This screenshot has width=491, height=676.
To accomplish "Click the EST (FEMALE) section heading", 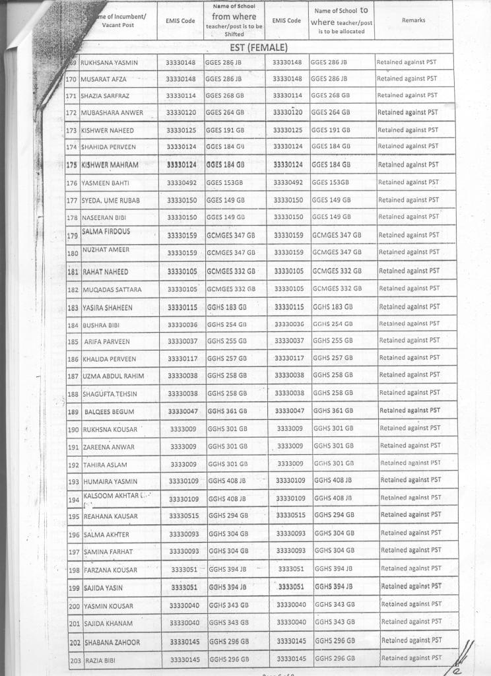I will (x=259, y=48).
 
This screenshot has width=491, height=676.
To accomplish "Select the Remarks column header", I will (x=413, y=20).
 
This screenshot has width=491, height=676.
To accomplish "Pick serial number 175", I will (x=73, y=164).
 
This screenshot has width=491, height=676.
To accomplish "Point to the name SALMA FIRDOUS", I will (x=106, y=232).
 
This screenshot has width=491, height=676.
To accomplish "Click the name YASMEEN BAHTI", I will (x=105, y=183).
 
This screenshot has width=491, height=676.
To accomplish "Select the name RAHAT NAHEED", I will (x=106, y=272).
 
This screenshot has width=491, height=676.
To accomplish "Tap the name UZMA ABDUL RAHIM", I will (x=113, y=376).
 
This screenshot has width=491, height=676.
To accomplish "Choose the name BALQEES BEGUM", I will (x=109, y=412).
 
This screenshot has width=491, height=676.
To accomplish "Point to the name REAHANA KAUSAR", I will (x=110, y=516).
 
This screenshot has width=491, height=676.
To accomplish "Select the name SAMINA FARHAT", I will (x=108, y=552).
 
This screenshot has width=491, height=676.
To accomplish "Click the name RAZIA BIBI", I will (x=101, y=659).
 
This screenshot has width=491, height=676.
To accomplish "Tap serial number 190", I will (x=74, y=430).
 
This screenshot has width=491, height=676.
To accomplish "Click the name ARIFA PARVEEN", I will (x=107, y=342).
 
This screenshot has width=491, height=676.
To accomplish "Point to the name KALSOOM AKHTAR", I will (x=111, y=495).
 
